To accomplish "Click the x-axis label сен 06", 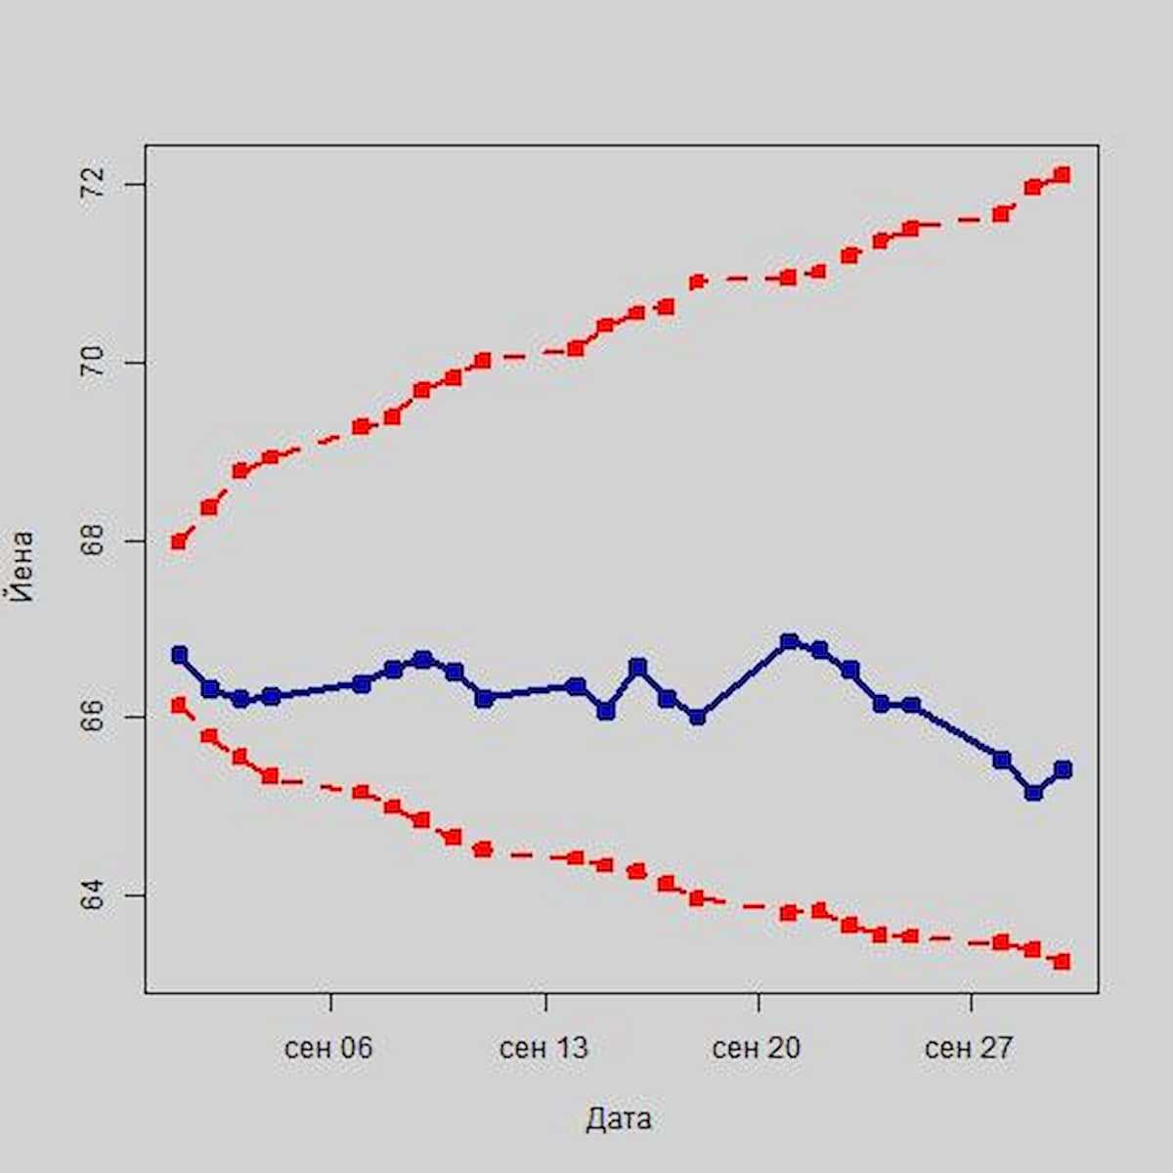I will tap(328, 1049).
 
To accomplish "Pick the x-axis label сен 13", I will tap(543, 1049).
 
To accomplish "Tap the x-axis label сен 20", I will tap(756, 1049).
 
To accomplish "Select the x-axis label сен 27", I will tap(969, 1049).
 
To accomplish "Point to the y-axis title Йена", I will tap(22, 566).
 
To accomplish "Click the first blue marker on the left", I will tap(179, 654).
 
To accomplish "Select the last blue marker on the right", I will tap(1063, 769).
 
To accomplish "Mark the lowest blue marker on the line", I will tap(1033, 792).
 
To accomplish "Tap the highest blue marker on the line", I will tap(789, 642).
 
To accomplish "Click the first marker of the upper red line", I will tap(178, 541).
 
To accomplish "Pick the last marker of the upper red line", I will tap(1063, 175).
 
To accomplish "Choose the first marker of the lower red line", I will tap(178, 705).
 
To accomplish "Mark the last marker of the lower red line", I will tap(1063, 962).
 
